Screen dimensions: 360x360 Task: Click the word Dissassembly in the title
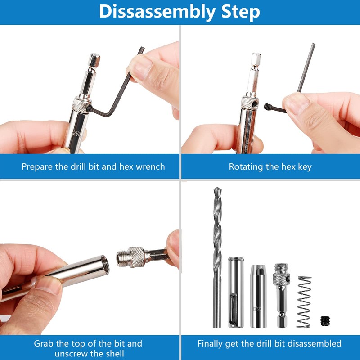pos(157,12)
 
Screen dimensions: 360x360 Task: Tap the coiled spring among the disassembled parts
pos(304,301)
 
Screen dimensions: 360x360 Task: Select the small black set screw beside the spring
pos(325,321)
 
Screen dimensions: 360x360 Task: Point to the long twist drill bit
pos(217,257)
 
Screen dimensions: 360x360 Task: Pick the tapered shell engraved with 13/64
pos(258,296)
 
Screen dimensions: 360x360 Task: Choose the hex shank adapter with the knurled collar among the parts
pos(282,296)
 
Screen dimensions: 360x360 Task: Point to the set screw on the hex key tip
pos(268,107)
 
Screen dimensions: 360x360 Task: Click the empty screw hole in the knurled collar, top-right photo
pos(254,104)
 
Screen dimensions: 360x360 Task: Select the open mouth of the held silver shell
pos(105,264)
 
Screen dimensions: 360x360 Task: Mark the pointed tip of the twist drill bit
pos(217,188)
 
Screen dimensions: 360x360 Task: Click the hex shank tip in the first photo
pos(94,60)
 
